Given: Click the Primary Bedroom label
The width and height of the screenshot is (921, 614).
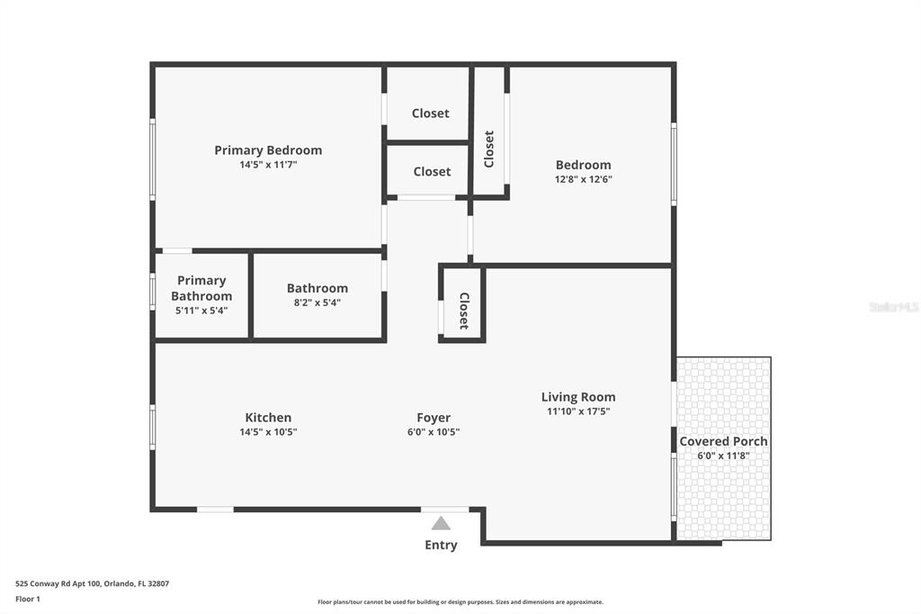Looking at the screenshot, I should tap(268, 150).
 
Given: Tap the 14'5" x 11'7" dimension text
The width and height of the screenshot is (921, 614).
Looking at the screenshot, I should tap(268, 166).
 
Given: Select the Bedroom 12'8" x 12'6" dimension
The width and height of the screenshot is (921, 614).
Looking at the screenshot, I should tap(583, 179).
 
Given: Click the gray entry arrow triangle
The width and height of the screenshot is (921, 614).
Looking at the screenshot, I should tap(441, 523).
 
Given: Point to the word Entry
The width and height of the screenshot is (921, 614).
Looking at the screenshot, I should tap(441, 545).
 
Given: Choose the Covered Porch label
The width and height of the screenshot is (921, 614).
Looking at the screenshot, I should tap(723, 441).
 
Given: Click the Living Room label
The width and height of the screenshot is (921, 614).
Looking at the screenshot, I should tap(578, 397).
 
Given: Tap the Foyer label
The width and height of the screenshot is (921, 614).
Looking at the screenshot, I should tap(434, 418).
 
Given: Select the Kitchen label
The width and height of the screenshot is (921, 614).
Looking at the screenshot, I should tap(268, 418).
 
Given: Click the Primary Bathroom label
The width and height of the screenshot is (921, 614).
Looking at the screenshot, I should tap(201, 288).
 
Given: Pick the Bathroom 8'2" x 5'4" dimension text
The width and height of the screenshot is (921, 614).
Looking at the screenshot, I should tap(317, 302).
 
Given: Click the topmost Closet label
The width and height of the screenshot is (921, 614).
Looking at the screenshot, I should tap(430, 113).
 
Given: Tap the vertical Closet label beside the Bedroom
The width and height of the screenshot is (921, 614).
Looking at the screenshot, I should tap(489, 149).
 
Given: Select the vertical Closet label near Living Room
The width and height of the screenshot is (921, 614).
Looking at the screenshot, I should tap(463, 311).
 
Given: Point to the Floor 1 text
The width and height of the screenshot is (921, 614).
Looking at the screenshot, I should tap(29, 599).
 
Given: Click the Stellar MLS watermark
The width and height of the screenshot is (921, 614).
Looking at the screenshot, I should tap(893, 307).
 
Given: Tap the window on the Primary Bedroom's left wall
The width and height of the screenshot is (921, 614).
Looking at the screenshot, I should tap(153, 159).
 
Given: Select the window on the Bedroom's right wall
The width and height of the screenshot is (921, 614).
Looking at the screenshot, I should tap(674, 164).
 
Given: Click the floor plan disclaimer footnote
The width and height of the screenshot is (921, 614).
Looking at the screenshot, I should tap(460, 602).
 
